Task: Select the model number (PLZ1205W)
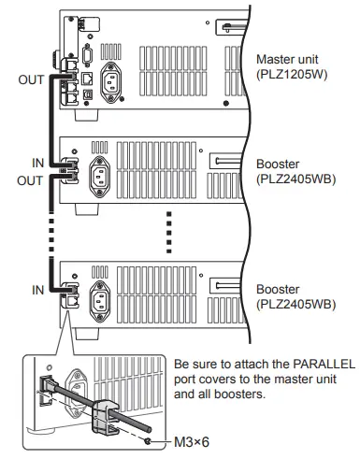[x=291, y=75]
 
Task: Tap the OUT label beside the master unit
[x=31, y=80]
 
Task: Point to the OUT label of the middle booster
[x=31, y=180]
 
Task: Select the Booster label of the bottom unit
[x=279, y=290]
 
